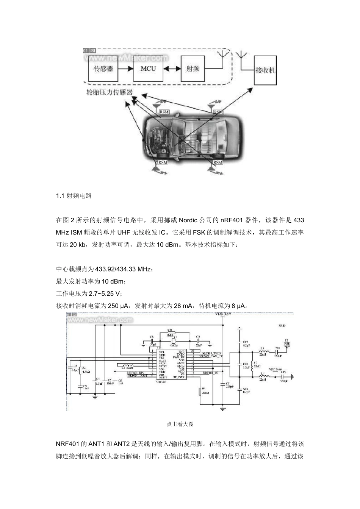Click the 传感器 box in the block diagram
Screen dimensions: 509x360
(103, 69)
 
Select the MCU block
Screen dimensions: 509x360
(148, 69)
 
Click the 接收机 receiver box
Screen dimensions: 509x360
(266, 70)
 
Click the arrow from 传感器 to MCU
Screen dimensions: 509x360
(125, 69)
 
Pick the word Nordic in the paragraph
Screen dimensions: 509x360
(188, 220)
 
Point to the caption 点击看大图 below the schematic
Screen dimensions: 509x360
(180, 424)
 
